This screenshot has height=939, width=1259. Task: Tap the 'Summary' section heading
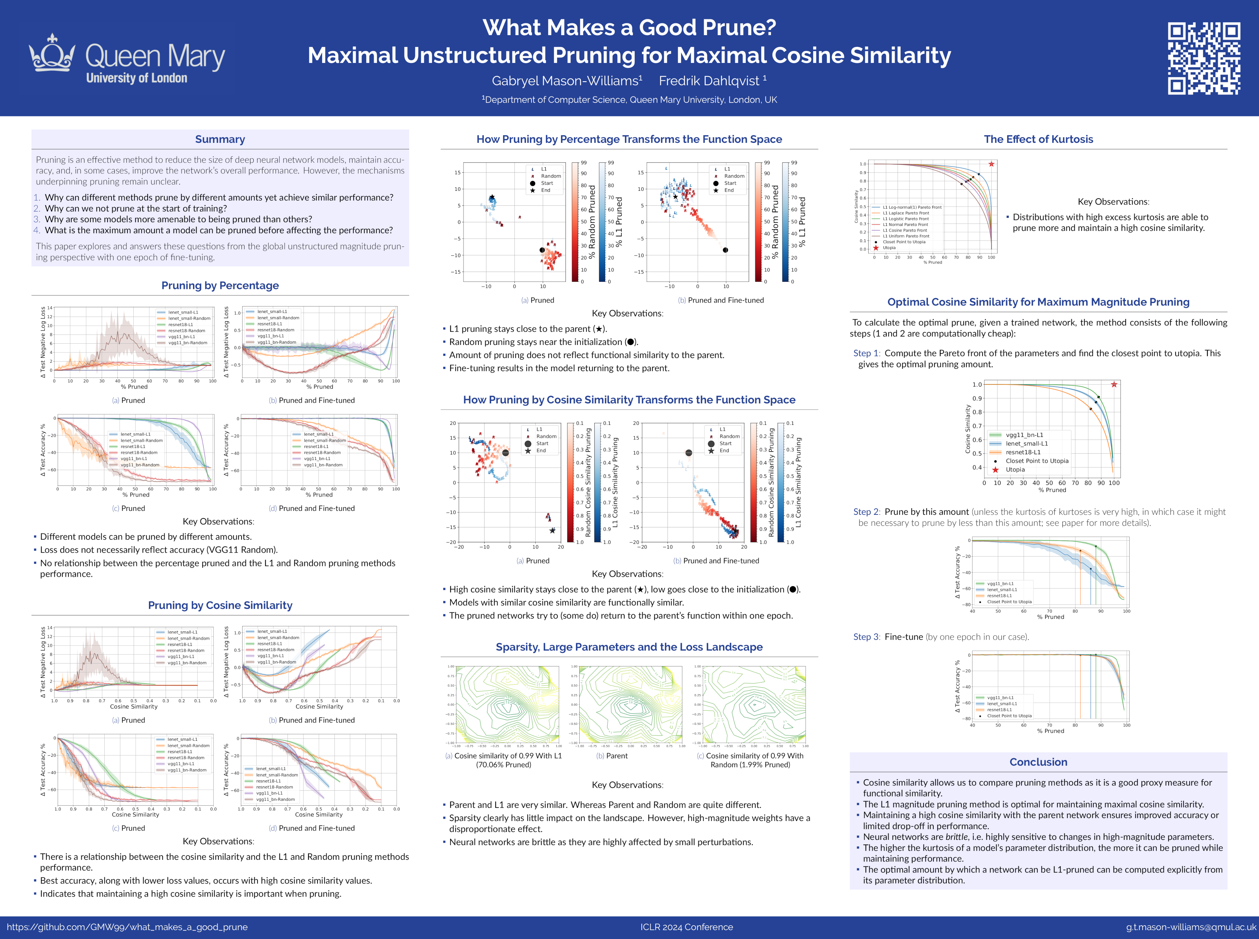pos(220,139)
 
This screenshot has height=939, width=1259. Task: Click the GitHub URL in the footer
pos(127,927)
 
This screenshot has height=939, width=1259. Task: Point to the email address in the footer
pos(1191,927)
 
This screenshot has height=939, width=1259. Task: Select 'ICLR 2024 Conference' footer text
pos(686,927)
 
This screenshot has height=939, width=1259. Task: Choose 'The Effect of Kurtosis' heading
pos(1038,139)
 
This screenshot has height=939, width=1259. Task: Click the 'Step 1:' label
pos(866,353)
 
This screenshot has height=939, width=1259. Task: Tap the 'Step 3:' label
pos(866,637)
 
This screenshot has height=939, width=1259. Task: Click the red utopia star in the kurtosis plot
pos(991,164)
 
